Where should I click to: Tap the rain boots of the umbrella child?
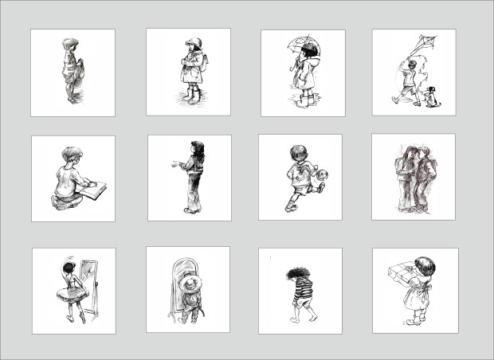pyautogui.click(x=304, y=100)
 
